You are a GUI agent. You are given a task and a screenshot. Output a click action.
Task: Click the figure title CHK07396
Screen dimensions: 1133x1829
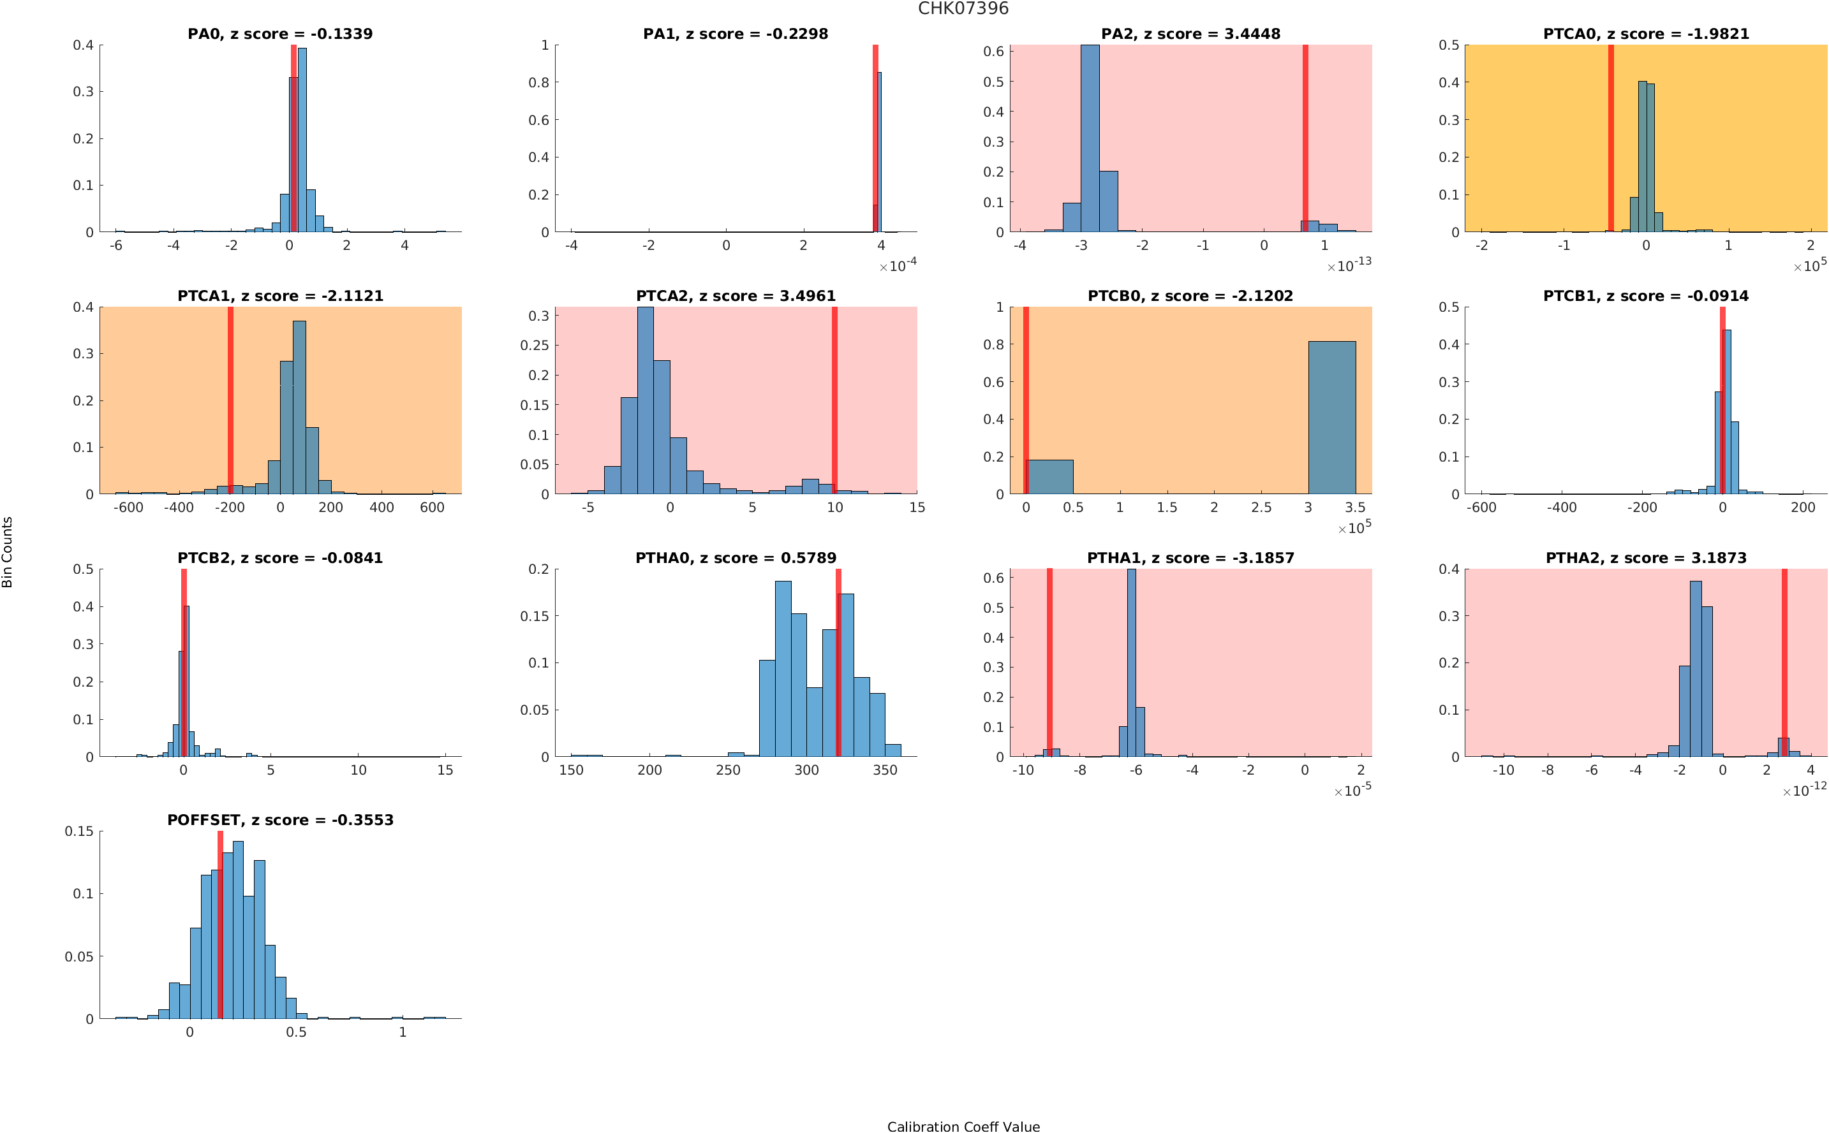tap(963, 9)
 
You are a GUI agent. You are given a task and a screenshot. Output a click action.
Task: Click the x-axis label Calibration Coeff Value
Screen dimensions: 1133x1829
tap(963, 1125)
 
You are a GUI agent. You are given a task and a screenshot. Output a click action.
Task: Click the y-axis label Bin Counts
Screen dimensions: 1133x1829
tap(8, 552)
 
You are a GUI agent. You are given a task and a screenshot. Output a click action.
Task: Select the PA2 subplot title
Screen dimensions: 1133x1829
tap(1190, 34)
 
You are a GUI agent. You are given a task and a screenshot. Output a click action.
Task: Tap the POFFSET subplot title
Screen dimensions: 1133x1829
tap(279, 820)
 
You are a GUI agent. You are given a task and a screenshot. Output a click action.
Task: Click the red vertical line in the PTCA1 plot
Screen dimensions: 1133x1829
tap(230, 400)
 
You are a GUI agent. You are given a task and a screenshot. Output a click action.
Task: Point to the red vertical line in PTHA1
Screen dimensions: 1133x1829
tap(1049, 662)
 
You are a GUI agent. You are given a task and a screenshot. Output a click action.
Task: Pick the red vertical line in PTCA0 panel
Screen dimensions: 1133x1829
tap(1610, 138)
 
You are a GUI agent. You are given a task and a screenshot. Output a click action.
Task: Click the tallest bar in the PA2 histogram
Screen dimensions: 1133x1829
tap(1090, 138)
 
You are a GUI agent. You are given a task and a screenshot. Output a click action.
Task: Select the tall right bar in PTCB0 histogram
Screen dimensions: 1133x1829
tap(1331, 418)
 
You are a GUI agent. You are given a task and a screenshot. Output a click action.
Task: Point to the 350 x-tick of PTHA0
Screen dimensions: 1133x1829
tap(884, 770)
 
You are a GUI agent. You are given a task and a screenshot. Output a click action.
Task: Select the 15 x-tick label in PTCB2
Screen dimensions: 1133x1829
tap(445, 770)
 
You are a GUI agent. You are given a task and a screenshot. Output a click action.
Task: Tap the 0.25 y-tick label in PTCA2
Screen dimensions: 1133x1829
tap(535, 346)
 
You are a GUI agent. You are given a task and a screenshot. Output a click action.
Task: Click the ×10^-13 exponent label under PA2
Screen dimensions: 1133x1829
tap(1349, 265)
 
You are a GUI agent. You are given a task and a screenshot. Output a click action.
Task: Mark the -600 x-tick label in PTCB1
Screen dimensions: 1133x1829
tap(1481, 508)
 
